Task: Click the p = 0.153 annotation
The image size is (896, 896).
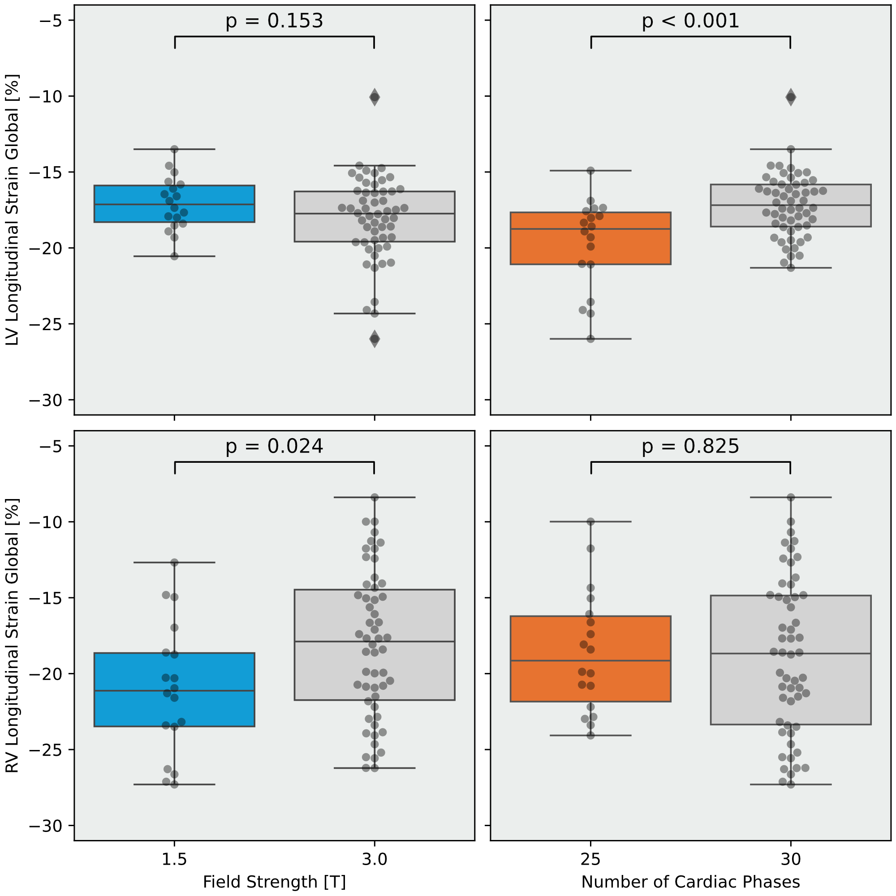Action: point(274,22)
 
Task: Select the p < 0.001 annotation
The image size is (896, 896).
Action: point(690,22)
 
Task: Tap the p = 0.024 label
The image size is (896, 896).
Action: point(274,447)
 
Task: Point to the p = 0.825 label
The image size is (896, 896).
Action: point(690,447)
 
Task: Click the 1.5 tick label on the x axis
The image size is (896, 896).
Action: point(174,859)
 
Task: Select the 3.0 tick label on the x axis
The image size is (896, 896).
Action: point(374,859)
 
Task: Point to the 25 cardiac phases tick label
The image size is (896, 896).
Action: point(590,859)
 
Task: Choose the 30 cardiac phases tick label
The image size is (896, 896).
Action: point(791,859)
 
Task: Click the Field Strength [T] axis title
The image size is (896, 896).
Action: point(274,882)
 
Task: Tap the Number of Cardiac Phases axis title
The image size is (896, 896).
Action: point(690,882)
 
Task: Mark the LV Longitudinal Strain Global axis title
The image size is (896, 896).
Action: point(13,210)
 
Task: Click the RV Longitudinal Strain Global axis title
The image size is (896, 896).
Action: point(13,635)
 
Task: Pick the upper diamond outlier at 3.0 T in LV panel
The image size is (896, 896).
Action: point(374,97)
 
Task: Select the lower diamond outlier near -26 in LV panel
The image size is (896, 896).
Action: point(374,339)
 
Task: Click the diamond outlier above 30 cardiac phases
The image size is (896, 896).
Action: point(791,97)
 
